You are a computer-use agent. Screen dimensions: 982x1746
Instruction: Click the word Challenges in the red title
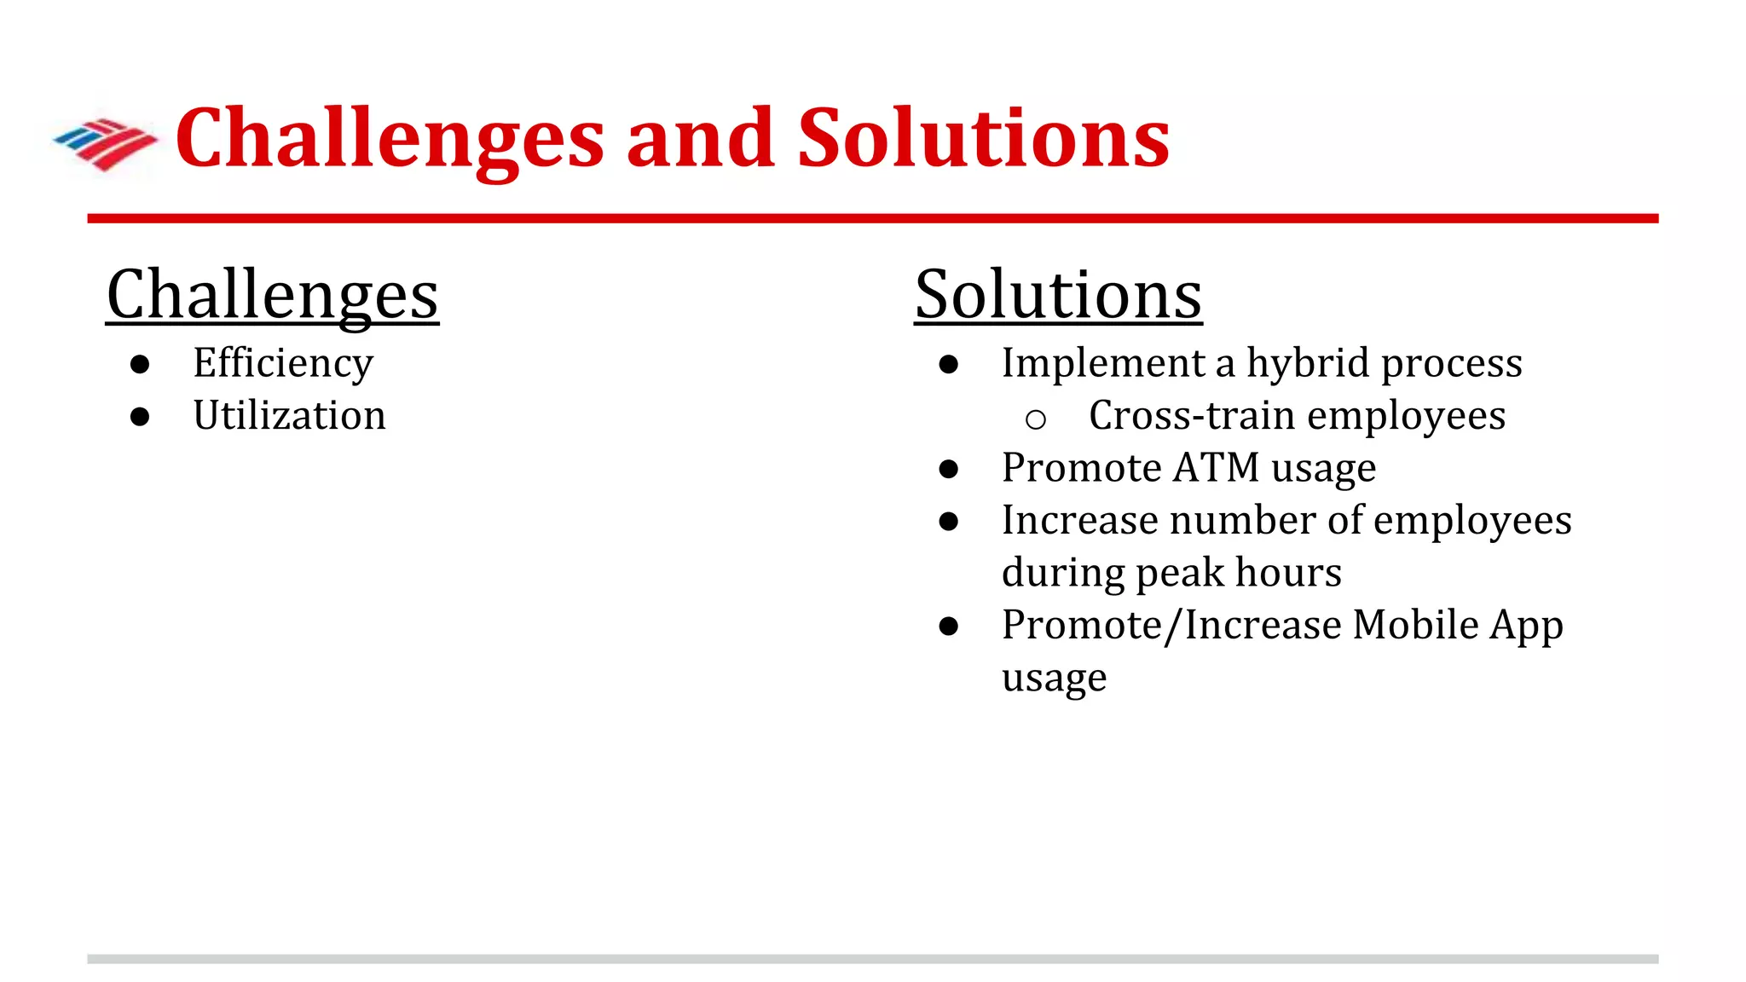[x=390, y=139]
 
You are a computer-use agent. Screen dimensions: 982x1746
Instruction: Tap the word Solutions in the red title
[x=983, y=139]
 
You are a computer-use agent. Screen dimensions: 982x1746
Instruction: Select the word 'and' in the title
[x=700, y=139]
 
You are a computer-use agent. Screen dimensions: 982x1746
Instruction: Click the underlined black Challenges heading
[x=272, y=295]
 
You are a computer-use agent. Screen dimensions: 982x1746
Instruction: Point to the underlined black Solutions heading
[x=1058, y=295]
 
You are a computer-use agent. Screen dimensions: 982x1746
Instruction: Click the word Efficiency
[x=283, y=364]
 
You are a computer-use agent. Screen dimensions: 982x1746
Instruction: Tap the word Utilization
[x=289, y=416]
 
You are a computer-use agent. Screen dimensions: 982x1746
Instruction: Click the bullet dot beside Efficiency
[x=140, y=365]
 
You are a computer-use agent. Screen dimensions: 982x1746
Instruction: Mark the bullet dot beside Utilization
[x=140, y=417]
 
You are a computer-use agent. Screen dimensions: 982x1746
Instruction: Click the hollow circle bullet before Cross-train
[x=1036, y=419]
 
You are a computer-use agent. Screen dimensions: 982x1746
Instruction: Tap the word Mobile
[x=1415, y=625]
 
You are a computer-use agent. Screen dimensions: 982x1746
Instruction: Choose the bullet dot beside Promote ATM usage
[x=949, y=469]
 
